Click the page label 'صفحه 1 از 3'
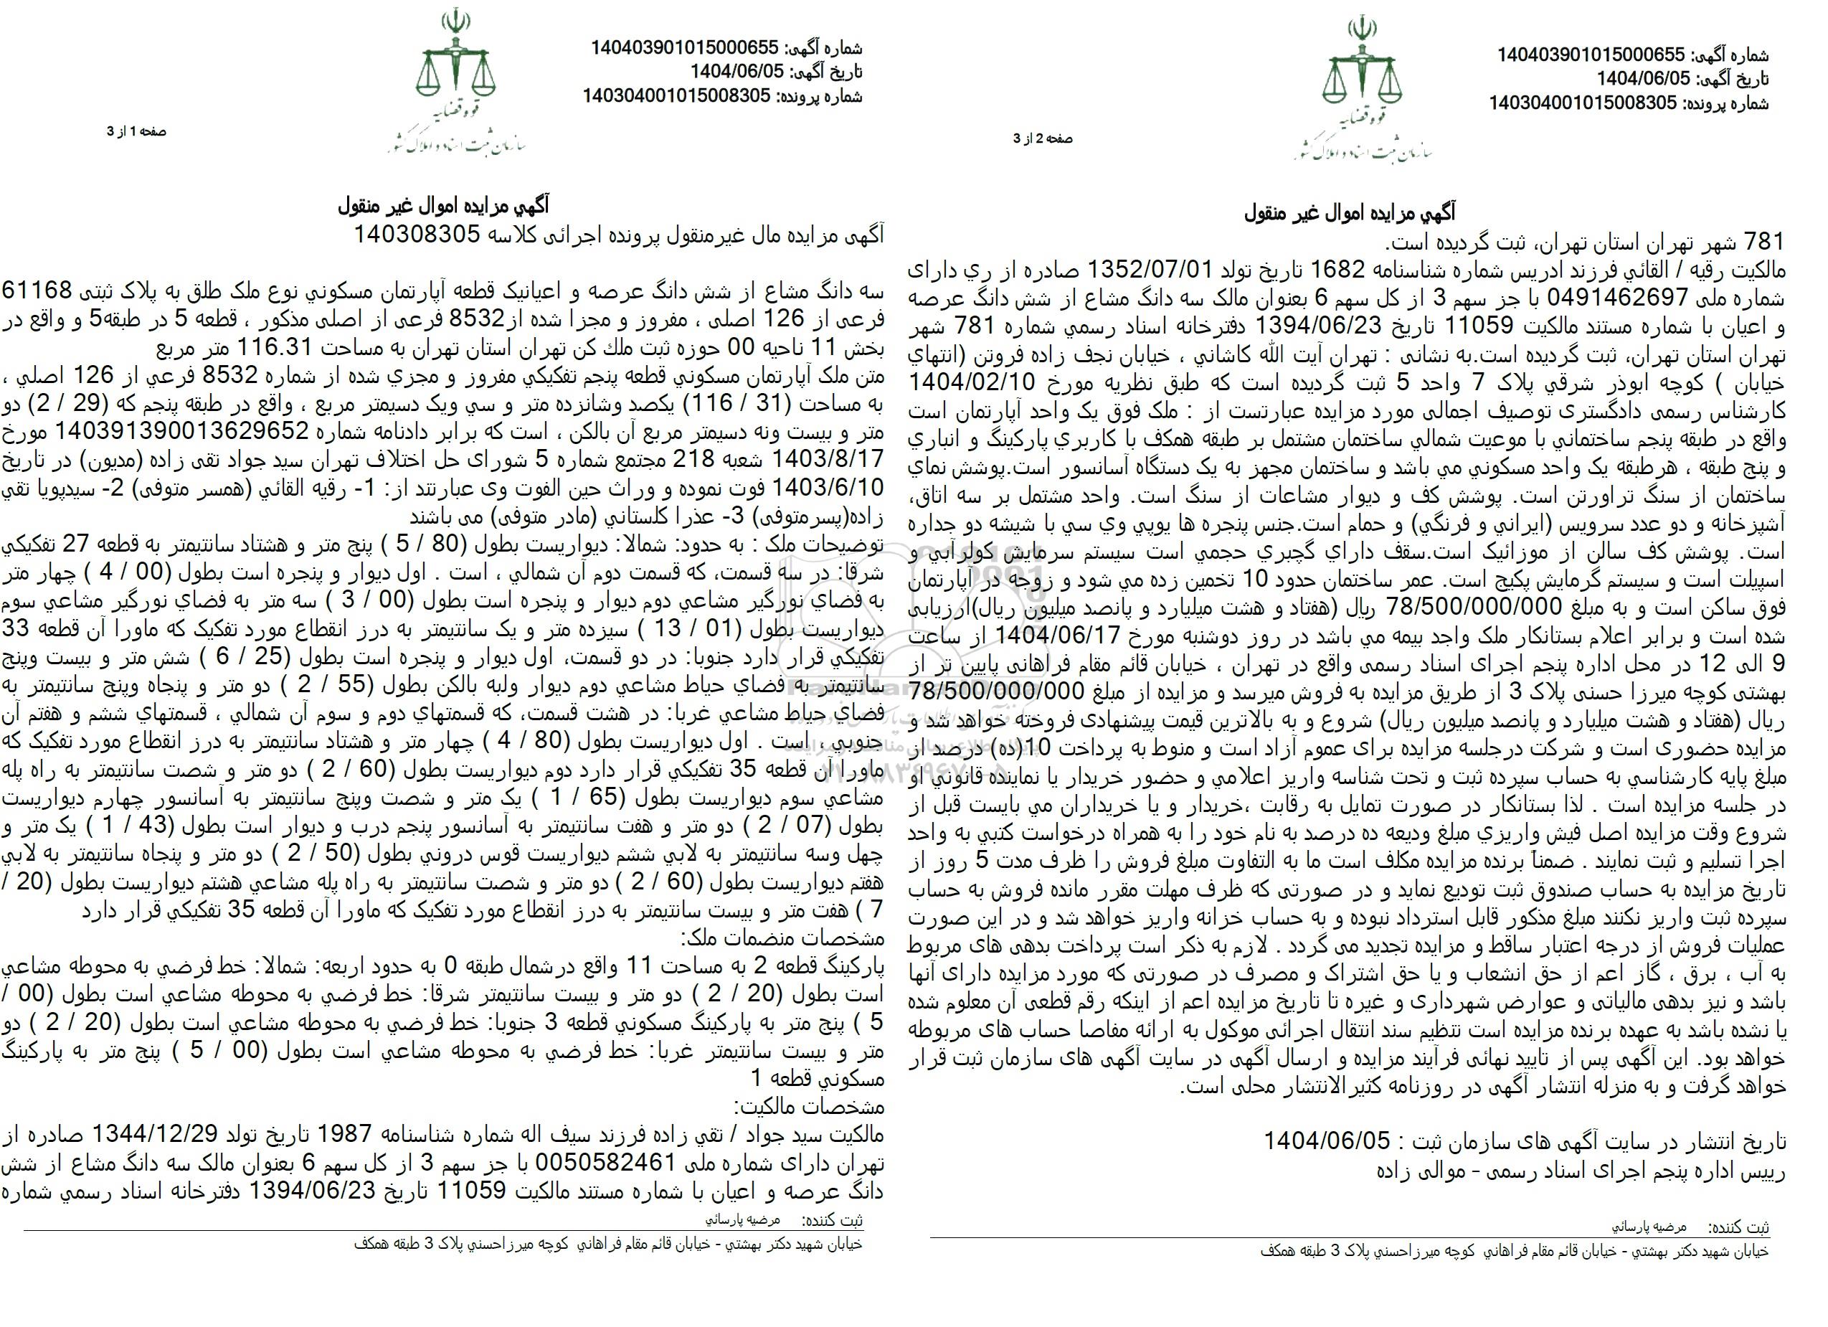136,131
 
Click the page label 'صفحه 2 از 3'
1043,139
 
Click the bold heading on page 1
443,207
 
